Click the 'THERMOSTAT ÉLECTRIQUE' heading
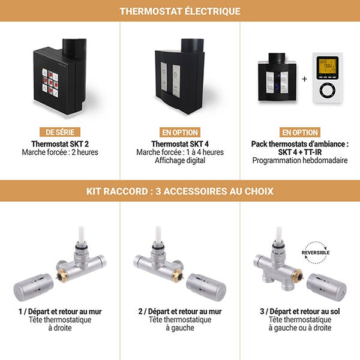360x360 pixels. [180, 11]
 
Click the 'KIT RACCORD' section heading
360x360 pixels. [180, 191]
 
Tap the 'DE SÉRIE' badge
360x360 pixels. [60, 132]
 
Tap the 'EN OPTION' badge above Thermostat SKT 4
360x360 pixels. [180, 132]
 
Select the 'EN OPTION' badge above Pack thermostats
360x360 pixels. [300, 132]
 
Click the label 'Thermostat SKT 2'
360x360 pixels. [60, 144]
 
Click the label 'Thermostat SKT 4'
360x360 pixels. [180, 144]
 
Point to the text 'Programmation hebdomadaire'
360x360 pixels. [300, 160]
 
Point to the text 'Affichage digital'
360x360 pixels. [180, 160]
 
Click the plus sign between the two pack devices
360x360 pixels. [304, 79]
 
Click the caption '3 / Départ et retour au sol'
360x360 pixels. [300, 312]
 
